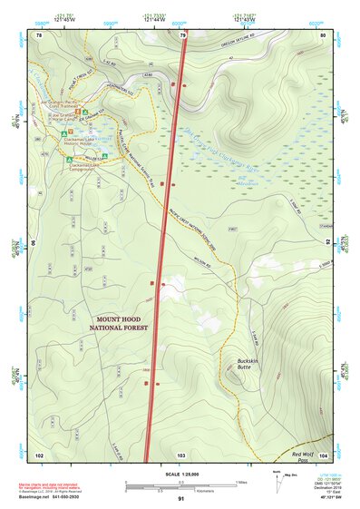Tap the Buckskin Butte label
pos(238,363)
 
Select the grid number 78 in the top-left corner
pos(40,35)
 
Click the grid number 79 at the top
pos(183,35)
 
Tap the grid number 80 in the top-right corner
pos(323,35)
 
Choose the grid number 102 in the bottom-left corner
pos(39,455)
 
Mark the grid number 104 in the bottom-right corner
pos(323,455)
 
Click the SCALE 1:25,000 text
pos(181,470)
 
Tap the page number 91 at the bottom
pos(181,498)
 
